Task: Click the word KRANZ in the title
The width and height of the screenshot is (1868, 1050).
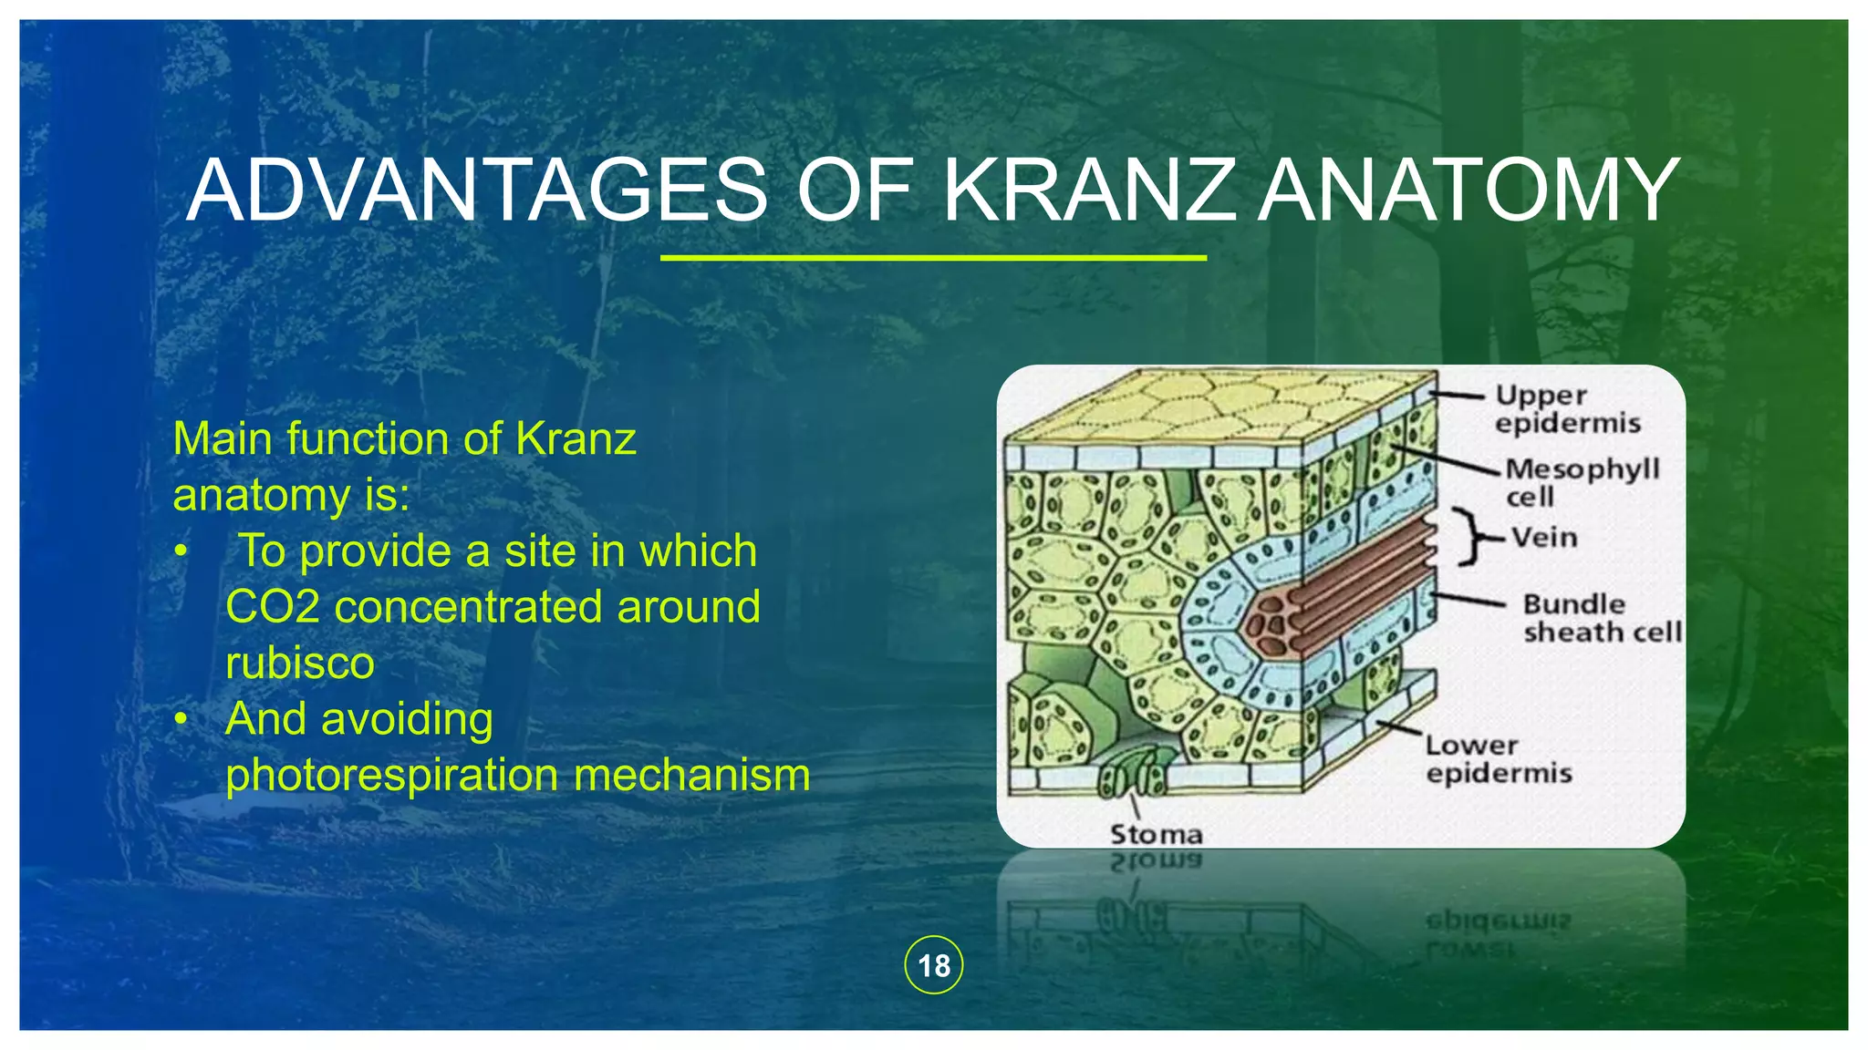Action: point(1090,190)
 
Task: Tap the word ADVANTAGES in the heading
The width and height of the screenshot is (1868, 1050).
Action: point(477,190)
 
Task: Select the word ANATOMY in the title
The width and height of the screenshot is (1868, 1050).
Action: point(1468,190)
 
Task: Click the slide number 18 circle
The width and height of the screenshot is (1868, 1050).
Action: point(933,965)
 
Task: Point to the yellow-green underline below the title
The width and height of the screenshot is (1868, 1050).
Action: point(933,258)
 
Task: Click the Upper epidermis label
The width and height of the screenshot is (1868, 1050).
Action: point(1566,409)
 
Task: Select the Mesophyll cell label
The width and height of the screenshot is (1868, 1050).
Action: point(1581,482)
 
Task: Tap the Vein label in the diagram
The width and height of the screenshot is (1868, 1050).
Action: point(1544,537)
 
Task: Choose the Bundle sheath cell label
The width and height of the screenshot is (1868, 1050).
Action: point(1601,618)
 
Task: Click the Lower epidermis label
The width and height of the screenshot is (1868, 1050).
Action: point(1499,759)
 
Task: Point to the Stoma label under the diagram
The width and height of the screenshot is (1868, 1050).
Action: point(1156,834)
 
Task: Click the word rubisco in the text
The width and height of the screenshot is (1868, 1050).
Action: point(300,663)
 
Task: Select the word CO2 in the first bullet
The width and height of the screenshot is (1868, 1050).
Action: point(272,607)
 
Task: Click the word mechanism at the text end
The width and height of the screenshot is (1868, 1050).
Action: point(692,776)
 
